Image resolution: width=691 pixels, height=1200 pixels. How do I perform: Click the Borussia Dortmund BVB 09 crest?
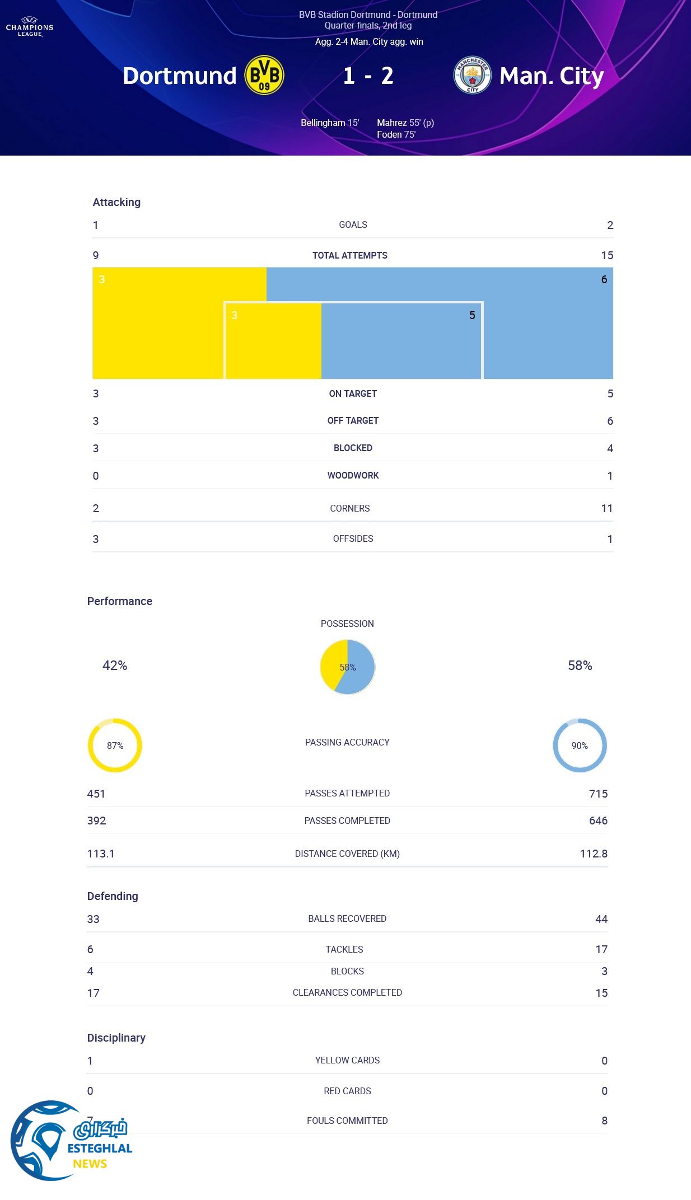coord(264,75)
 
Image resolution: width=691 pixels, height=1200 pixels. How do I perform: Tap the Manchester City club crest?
coord(472,75)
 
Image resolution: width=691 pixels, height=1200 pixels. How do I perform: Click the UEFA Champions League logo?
coord(30,27)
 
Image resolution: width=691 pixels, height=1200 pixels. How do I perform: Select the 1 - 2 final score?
coord(368,76)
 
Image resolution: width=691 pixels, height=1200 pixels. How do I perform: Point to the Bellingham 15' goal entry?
coord(329,123)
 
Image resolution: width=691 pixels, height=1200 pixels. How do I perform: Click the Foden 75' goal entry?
coord(396,134)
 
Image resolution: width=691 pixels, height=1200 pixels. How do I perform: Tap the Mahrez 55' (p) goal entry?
coord(405,123)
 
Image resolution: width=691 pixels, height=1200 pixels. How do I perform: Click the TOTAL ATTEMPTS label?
coord(349,255)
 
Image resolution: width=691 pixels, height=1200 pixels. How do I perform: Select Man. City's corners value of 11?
coord(606,508)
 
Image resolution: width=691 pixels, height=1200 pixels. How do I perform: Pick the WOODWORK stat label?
coord(353,475)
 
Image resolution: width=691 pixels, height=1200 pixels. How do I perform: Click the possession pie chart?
coord(347,667)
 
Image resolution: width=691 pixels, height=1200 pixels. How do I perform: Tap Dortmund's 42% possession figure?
coord(115,665)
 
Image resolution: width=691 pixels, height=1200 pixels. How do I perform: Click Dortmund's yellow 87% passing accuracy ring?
coord(115,746)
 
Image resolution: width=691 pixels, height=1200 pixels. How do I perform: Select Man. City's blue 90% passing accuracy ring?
coord(580,746)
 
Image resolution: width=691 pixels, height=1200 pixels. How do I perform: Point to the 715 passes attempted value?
coord(598,794)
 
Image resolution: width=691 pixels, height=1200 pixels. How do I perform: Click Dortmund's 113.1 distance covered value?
coord(101,854)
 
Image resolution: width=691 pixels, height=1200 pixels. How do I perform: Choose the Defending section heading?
coord(113,896)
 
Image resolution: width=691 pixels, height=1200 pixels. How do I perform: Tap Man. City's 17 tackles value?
coord(601,949)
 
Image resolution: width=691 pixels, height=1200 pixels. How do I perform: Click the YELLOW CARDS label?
coord(347,1060)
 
